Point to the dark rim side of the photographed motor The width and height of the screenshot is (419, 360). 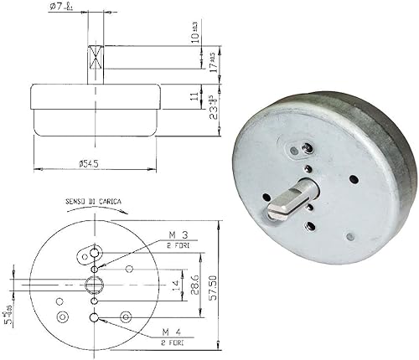[x=402, y=180]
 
